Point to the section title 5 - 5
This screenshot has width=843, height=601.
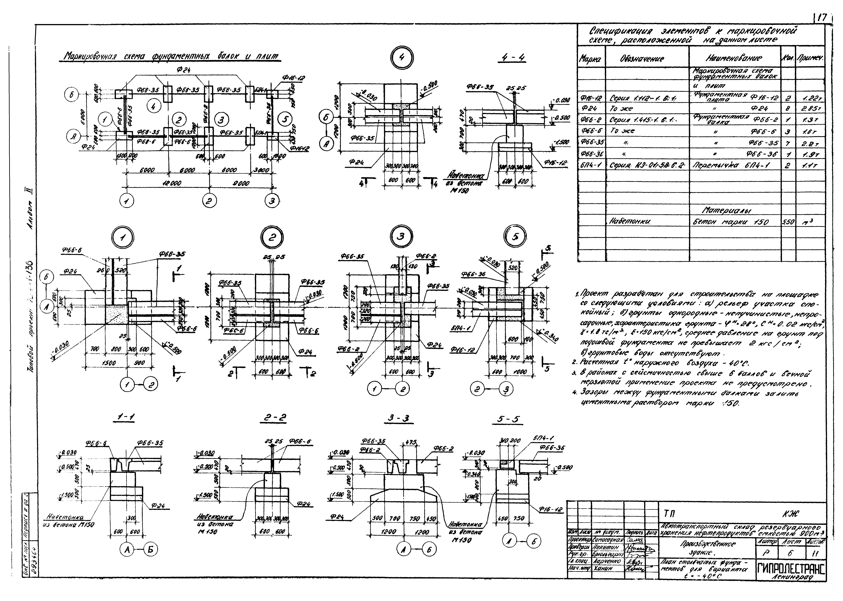[508, 419]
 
